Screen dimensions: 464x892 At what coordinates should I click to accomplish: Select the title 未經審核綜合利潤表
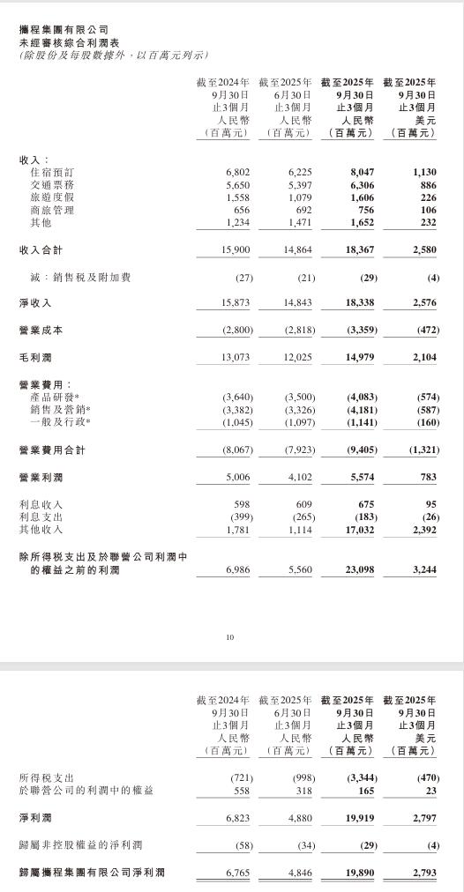[61, 41]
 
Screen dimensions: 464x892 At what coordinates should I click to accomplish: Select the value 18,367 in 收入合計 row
[355, 251]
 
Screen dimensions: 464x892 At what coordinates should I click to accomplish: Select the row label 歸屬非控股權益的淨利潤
[80, 846]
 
